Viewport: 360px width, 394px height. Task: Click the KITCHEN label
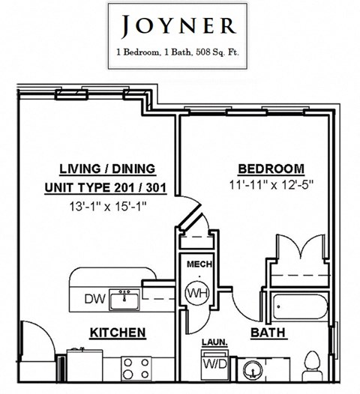coord(118,332)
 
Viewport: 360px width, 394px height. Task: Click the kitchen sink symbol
coord(124,300)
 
